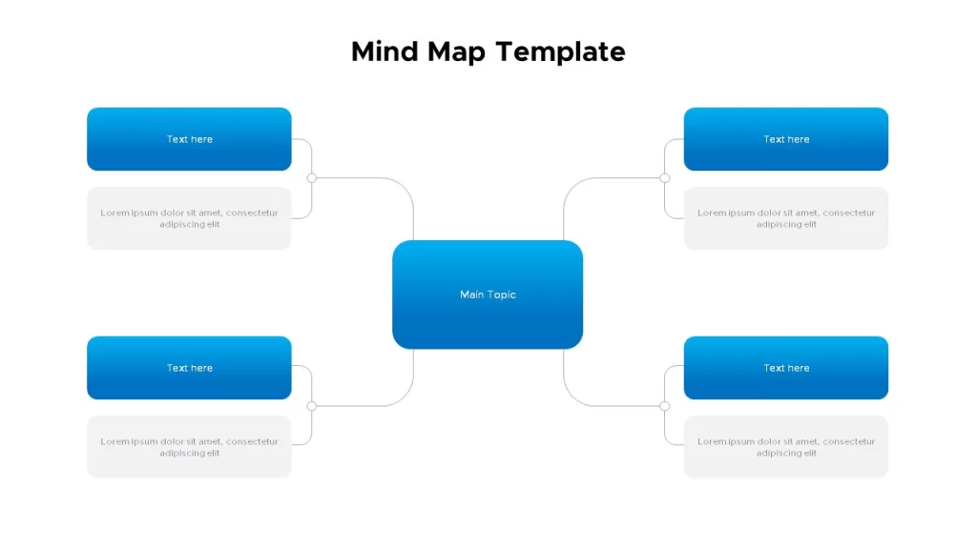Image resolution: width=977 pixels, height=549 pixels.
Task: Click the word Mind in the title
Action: tap(385, 51)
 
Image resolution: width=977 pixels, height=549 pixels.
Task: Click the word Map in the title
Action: tap(456, 53)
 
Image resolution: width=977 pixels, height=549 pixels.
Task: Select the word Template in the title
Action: tap(561, 53)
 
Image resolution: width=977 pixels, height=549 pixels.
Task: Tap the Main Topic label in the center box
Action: tap(488, 295)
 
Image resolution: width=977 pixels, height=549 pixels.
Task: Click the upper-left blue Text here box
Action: tap(190, 139)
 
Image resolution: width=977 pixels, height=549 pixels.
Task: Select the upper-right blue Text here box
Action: tap(786, 139)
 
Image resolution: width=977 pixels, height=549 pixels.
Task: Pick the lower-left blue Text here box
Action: tap(190, 368)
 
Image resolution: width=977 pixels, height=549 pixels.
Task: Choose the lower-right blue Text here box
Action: tap(786, 368)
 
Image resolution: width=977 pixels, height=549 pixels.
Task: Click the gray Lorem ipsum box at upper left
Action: tap(190, 218)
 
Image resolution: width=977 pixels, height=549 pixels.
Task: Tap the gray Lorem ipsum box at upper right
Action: tap(786, 218)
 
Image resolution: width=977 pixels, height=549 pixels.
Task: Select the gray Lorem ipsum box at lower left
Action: tap(190, 447)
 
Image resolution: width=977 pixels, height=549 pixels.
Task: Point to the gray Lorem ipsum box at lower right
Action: tap(786, 447)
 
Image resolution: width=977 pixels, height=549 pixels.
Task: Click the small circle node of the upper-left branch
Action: tap(312, 178)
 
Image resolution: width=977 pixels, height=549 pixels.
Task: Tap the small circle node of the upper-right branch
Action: tap(665, 178)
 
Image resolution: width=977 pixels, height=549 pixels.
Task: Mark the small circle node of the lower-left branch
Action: tap(312, 406)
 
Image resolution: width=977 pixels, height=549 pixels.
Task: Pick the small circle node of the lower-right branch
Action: tap(665, 406)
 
